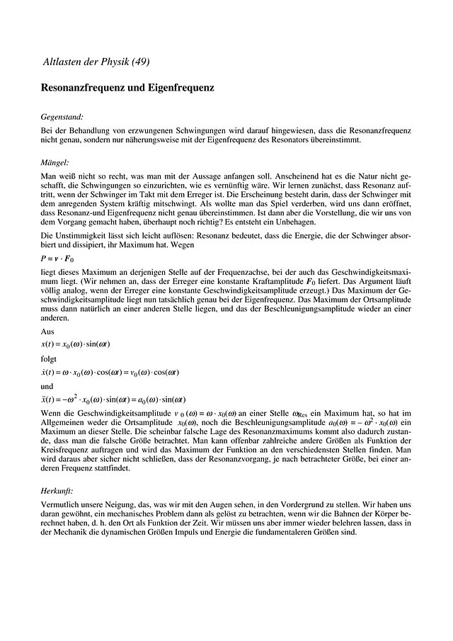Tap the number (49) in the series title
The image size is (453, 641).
pos(140,62)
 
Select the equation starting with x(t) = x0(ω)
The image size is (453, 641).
pos(76,344)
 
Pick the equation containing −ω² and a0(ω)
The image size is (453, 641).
pos(113,399)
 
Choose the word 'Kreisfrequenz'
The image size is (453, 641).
pos(62,449)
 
